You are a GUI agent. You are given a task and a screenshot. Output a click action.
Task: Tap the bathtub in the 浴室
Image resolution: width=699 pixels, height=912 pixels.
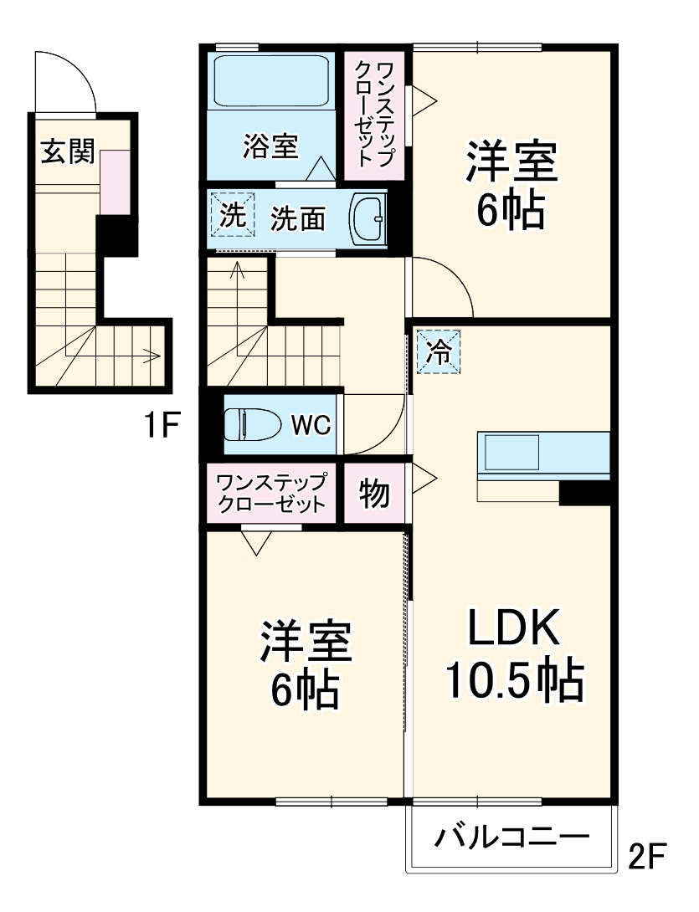pos(273,82)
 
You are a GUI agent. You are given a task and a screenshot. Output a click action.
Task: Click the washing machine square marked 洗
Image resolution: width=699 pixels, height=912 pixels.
pos(229,216)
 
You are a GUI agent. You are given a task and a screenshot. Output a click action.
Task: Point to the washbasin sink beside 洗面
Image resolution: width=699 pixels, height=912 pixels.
pos(367,218)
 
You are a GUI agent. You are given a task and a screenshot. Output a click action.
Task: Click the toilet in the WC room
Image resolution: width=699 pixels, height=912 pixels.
pos(252,425)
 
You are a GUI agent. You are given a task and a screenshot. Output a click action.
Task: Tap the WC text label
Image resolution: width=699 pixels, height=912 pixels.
pos(311,425)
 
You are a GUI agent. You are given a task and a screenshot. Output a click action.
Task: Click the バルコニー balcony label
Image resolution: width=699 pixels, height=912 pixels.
pos(511,838)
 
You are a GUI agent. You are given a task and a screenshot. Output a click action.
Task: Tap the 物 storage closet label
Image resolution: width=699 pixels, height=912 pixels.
pos(375,494)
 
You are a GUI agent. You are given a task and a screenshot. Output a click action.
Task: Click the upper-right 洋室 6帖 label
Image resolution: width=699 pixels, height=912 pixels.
pos(511,186)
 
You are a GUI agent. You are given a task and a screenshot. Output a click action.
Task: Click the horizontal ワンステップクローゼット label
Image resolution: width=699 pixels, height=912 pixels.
pos(271,494)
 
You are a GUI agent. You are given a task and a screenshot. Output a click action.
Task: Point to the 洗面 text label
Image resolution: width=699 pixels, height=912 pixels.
pos(297,219)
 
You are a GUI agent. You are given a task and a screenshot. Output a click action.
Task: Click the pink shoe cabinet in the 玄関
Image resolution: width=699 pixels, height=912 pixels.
pos(115,182)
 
